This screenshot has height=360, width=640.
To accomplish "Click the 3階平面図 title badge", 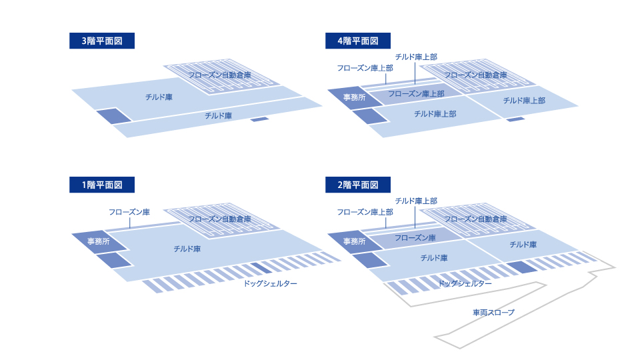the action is tap(101, 41).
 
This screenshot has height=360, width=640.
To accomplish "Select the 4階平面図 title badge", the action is tap(357, 41).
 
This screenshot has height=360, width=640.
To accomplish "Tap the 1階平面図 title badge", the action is tap(101, 185).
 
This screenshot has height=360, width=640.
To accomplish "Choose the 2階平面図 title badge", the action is tap(357, 185).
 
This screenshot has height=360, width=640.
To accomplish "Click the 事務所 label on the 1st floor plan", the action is tap(99, 241).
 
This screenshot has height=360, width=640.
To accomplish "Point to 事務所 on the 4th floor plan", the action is tap(354, 97).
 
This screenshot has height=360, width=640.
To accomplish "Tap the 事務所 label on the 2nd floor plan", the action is tap(354, 241).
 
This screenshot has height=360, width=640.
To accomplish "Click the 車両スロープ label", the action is tap(493, 312).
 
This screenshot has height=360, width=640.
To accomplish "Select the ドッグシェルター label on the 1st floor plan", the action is tap(270, 283).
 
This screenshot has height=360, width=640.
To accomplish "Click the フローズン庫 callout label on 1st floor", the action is tap(129, 212).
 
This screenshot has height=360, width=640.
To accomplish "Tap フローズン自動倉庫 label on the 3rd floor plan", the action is tap(219, 75).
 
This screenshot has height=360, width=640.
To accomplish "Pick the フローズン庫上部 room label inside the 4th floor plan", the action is tap(416, 93).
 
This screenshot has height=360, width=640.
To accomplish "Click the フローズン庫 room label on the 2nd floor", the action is tap(415, 237).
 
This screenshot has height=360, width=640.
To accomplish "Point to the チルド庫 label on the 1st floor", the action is tap(187, 249).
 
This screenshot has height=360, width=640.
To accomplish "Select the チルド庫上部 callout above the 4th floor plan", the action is tap(416, 57).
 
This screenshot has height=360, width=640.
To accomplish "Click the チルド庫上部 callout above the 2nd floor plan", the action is tap(416, 201).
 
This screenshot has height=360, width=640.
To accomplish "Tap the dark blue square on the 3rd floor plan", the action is tap(114, 115).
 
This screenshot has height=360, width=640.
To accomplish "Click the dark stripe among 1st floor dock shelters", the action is tap(261, 268).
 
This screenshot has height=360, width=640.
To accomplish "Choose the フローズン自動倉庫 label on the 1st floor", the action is tap(219, 219).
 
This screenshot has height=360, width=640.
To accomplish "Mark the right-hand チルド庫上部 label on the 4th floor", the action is tap(524, 101).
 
